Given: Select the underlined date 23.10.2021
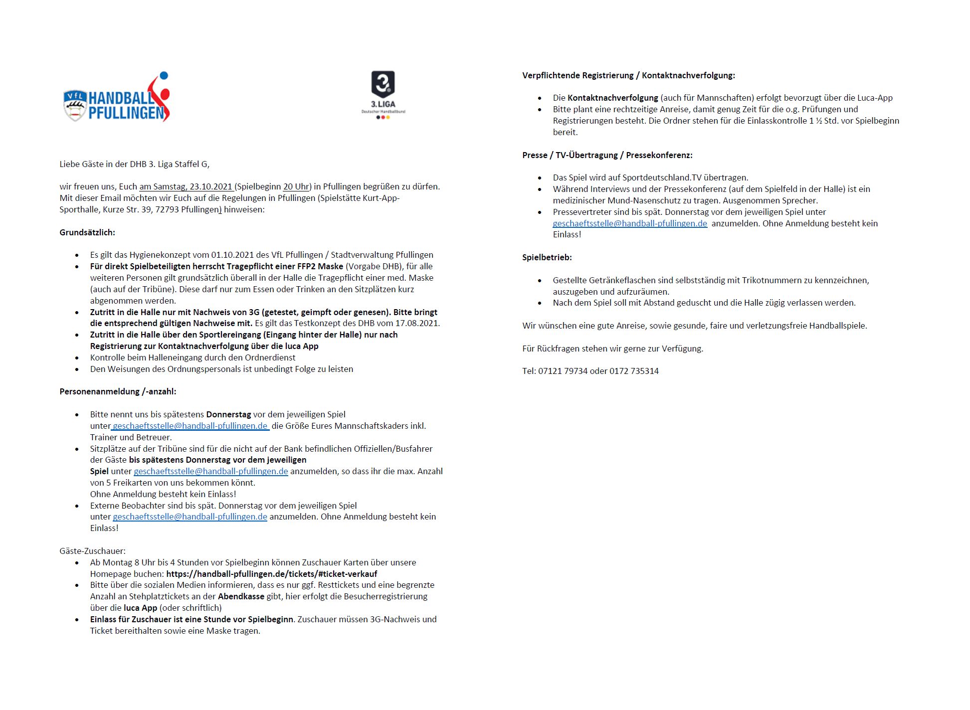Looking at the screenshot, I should point(211,187).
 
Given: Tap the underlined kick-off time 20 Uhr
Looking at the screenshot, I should point(296,187).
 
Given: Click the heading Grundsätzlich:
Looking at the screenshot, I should point(87,232).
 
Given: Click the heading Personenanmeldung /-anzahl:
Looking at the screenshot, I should point(118,391).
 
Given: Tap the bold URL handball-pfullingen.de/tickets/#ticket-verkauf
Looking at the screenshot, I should point(272,574).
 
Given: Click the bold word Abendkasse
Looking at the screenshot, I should point(241,596).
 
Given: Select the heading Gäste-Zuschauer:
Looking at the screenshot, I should point(92,551).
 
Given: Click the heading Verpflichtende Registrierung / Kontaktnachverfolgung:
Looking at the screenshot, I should point(628,75).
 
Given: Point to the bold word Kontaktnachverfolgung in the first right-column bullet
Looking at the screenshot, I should point(612,98).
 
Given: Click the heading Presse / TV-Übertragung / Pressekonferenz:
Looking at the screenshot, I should point(607,155).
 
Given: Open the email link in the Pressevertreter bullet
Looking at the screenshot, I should point(629,223).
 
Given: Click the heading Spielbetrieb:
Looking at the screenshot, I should point(547,257).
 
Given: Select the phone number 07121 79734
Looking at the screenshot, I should point(563,371).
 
